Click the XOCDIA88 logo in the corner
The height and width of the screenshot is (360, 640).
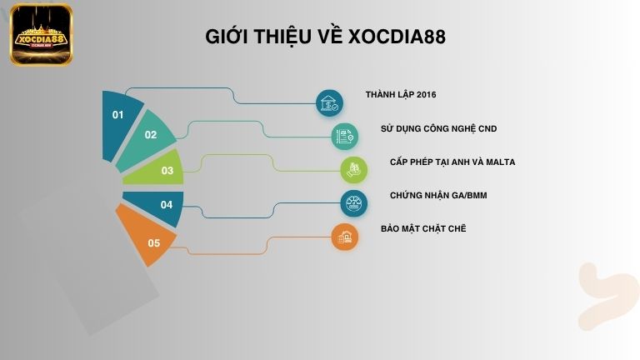(x=41, y=35)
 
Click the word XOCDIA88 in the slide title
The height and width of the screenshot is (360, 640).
(x=398, y=37)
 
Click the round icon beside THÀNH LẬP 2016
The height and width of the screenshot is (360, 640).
(x=330, y=103)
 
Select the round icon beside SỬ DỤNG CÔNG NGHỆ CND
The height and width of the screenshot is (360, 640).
(x=344, y=136)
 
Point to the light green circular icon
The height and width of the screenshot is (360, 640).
(x=354, y=169)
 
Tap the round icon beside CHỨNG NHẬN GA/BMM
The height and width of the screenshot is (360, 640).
(x=354, y=203)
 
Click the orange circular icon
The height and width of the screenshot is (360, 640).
(x=344, y=237)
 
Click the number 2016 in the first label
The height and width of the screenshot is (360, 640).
(x=424, y=95)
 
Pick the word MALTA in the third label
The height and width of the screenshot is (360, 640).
(x=500, y=162)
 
